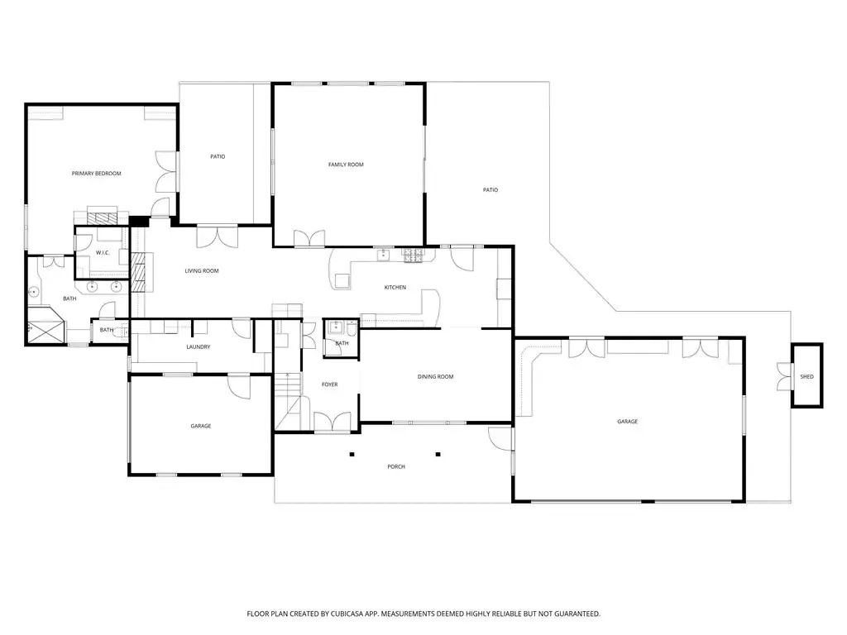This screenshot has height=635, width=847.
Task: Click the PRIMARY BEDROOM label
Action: tap(96, 174)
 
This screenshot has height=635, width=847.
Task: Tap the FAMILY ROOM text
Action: tap(346, 165)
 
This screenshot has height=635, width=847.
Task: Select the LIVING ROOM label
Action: tap(202, 271)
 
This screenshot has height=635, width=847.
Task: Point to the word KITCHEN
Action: tap(395, 287)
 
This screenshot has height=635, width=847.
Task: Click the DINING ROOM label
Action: tap(435, 377)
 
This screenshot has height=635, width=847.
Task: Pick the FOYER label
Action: tap(329, 384)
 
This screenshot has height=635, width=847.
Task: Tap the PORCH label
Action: tap(396, 466)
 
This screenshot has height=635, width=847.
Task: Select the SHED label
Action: tap(806, 377)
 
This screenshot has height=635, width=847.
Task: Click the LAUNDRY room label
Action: tap(199, 346)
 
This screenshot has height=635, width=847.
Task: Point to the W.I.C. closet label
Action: tap(103, 253)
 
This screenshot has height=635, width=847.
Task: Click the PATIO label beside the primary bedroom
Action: tap(218, 156)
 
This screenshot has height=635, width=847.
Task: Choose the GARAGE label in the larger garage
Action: tap(628, 422)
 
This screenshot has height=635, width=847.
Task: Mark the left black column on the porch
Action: tap(352, 454)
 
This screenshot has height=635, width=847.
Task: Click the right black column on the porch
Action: tap(438, 454)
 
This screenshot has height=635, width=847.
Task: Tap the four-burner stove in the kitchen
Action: tap(412, 255)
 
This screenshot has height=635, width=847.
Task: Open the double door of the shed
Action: tap(783, 376)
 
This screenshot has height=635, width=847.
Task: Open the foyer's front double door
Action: tap(332, 422)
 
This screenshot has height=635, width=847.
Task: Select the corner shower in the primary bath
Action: tap(47, 325)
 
